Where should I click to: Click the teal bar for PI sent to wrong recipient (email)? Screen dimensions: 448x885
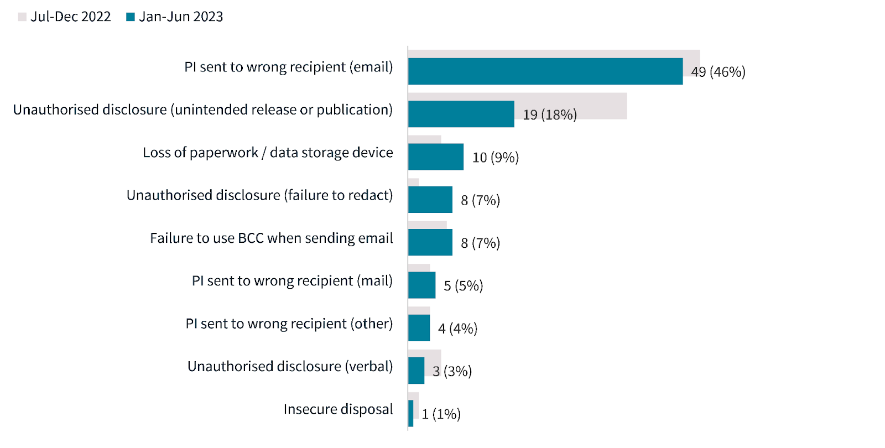[x=545, y=71]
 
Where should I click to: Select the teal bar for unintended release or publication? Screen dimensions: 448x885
[x=461, y=114]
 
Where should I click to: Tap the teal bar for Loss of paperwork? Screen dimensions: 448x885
[x=435, y=157]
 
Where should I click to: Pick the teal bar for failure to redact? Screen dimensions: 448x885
[x=430, y=200]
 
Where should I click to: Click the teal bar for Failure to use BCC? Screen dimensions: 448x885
[x=430, y=242]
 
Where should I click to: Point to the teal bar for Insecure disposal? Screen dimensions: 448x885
[x=410, y=413]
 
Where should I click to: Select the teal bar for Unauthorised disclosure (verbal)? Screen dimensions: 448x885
[x=416, y=371]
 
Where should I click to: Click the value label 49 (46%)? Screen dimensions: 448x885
[x=718, y=72]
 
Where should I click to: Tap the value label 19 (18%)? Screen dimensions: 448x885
[x=549, y=114]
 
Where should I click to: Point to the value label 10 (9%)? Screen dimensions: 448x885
[x=495, y=158]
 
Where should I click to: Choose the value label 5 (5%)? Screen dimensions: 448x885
[x=463, y=286]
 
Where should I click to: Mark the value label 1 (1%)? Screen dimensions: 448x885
[x=441, y=414]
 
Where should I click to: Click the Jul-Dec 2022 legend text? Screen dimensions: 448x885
[x=70, y=17]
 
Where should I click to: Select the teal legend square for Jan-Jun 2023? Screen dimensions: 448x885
[x=131, y=17]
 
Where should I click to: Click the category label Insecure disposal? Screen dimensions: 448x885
[x=338, y=409]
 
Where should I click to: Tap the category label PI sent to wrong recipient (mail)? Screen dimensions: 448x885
[x=292, y=281]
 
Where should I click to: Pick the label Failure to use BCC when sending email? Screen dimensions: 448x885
[x=271, y=238]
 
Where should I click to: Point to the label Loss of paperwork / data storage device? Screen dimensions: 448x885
[x=268, y=153]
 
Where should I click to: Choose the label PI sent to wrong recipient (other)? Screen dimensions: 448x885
[x=289, y=324]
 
